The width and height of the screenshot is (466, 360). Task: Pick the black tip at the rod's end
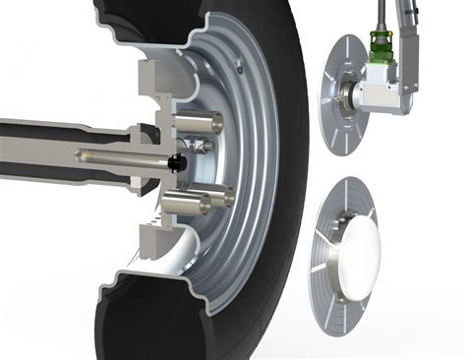coord(177,160)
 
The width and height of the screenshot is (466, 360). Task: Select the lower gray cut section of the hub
coord(152,236)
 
